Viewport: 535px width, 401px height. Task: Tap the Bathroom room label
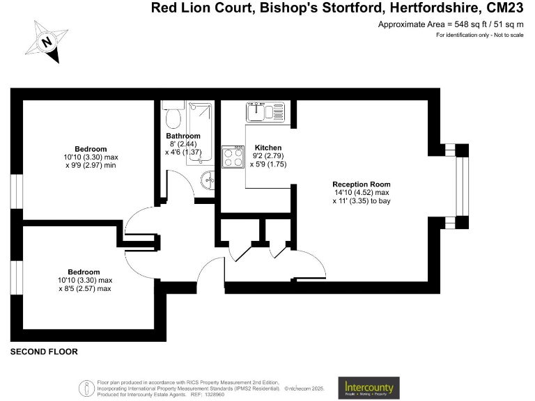coord(183,136)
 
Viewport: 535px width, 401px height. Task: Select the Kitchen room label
coord(268,148)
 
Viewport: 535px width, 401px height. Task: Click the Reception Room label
coord(362,184)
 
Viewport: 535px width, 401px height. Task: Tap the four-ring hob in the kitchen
coord(231,157)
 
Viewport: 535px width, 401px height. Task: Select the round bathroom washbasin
coord(208,181)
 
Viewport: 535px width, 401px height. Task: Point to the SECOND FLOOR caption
coord(44,352)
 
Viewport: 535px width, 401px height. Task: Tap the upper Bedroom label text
coord(91,149)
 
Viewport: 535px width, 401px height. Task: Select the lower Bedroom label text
coord(84,272)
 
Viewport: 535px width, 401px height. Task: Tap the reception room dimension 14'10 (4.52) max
coord(361,192)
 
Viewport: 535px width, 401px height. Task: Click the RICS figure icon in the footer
coord(86,387)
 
